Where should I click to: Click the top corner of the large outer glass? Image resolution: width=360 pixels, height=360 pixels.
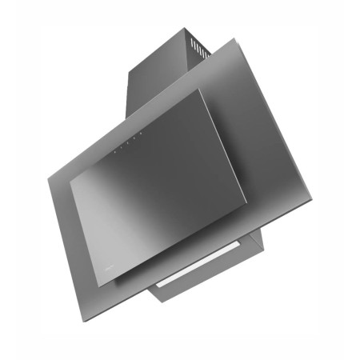236,38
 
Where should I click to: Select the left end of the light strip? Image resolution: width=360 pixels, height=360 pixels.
158,287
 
